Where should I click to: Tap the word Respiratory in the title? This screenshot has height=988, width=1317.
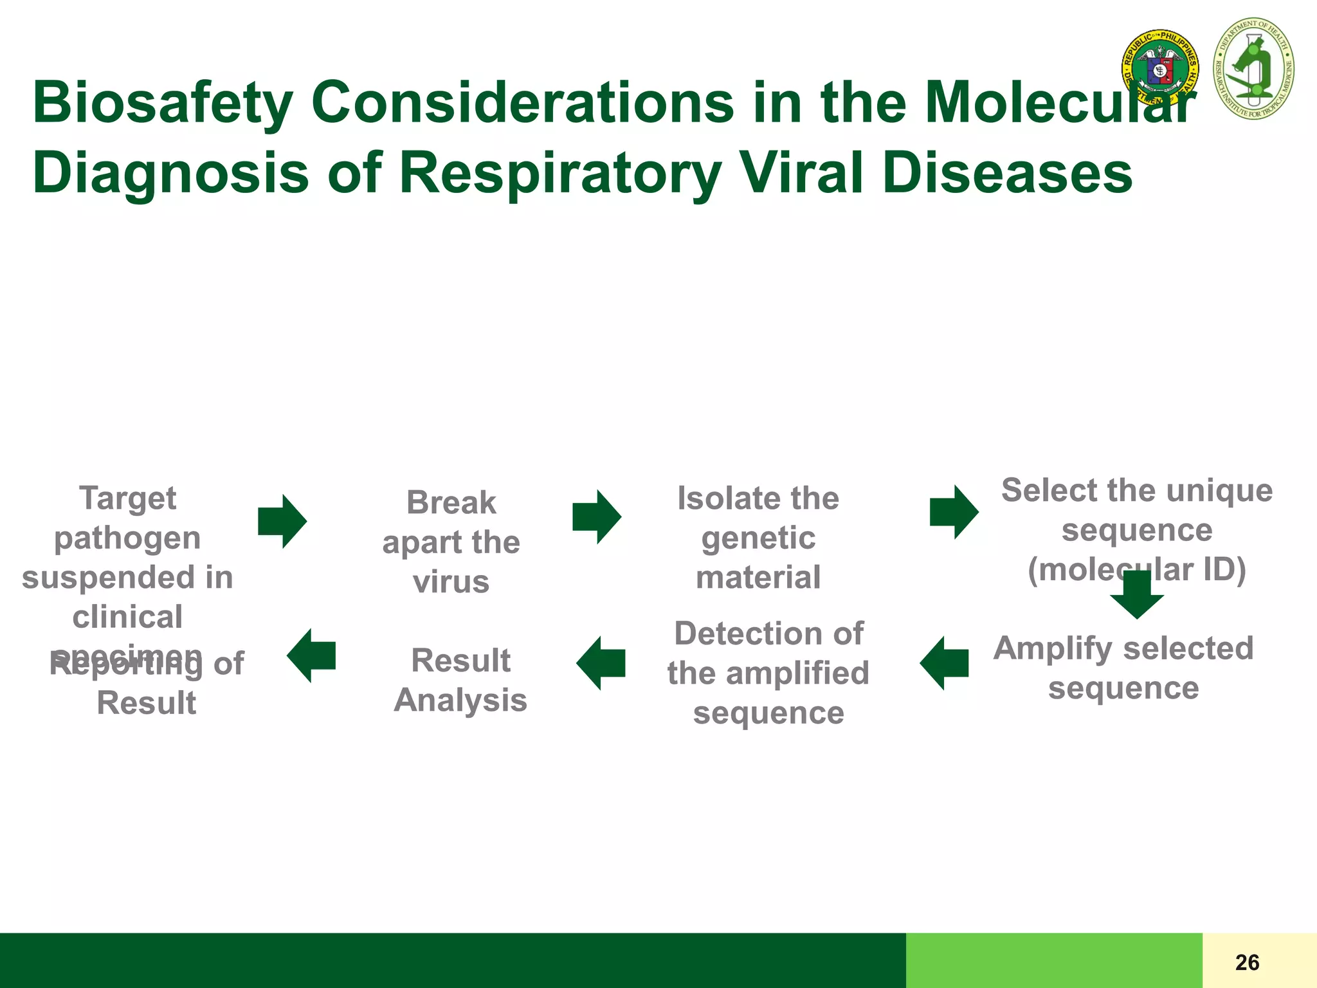tap(559, 173)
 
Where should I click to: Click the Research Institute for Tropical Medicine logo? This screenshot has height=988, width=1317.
tap(1253, 69)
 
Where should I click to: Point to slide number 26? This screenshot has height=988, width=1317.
tap(1247, 962)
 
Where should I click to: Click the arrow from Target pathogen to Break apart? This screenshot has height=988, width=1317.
tap(282, 521)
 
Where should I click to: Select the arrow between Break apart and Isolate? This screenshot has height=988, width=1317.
tap(597, 517)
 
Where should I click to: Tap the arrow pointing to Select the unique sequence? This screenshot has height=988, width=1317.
tap(954, 512)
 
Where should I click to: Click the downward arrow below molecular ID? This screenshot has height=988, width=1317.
tap(1137, 595)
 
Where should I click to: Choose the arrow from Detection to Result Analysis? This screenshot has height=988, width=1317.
tap(601, 663)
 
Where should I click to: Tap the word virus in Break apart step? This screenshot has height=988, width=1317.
tap(451, 582)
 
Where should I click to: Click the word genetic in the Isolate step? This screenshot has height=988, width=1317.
tap(758, 538)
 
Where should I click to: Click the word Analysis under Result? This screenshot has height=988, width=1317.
tap(460, 700)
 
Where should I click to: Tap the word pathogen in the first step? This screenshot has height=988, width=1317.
tap(127, 538)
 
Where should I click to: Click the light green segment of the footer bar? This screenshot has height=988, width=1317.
tap(1053, 960)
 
